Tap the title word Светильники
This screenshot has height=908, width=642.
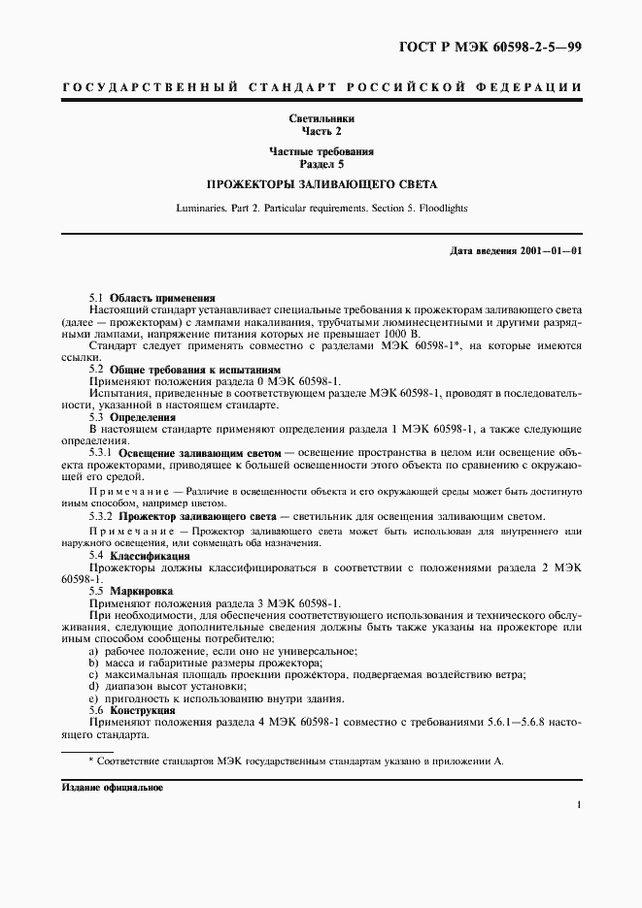click(321, 118)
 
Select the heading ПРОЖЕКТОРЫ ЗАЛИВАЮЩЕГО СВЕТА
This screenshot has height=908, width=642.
click(321, 182)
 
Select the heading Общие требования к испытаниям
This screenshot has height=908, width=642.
click(183, 371)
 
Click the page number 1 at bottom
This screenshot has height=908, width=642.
click(578, 804)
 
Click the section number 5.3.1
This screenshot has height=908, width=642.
click(102, 453)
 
